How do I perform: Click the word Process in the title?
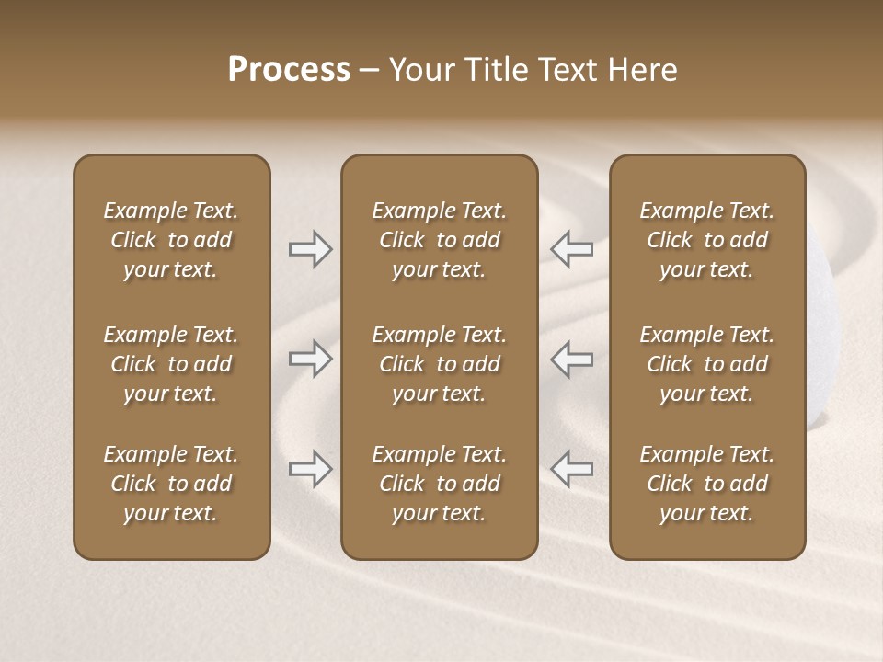[x=289, y=70]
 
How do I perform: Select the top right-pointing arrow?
[x=310, y=248]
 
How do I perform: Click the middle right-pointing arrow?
[x=310, y=359]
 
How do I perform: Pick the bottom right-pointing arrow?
[x=310, y=469]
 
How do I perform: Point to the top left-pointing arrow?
[x=571, y=248]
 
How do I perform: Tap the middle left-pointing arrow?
[x=571, y=359]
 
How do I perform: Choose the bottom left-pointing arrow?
[x=571, y=469]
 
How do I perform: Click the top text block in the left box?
[x=171, y=240]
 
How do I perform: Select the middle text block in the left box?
[x=171, y=364]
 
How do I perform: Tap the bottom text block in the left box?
[x=171, y=484]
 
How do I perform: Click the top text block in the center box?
[x=439, y=240]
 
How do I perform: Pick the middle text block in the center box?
[x=439, y=364]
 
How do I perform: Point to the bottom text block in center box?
[x=439, y=484]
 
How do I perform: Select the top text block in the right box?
[x=706, y=240]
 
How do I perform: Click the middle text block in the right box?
[x=706, y=364]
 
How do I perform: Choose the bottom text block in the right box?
[x=706, y=484]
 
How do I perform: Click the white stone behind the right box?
[x=820, y=349]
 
